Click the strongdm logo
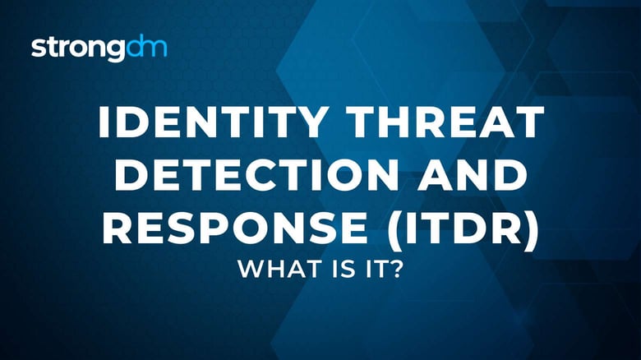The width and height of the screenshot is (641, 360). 99,48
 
